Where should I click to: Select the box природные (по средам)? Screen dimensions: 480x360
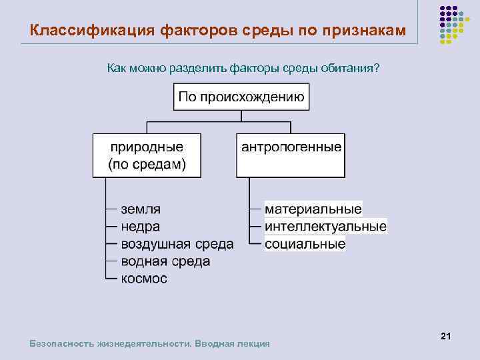pos(147,155)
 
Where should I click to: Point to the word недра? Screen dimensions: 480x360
pos(140,227)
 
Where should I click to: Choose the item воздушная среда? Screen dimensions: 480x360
pos(177,244)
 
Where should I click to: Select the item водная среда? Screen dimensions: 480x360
pos(165,261)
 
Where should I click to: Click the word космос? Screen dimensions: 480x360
pos(144,279)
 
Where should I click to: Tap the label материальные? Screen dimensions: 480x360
pos(313,209)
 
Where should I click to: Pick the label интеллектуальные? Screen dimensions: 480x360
pos(325,227)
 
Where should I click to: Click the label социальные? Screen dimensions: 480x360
pos(305,244)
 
